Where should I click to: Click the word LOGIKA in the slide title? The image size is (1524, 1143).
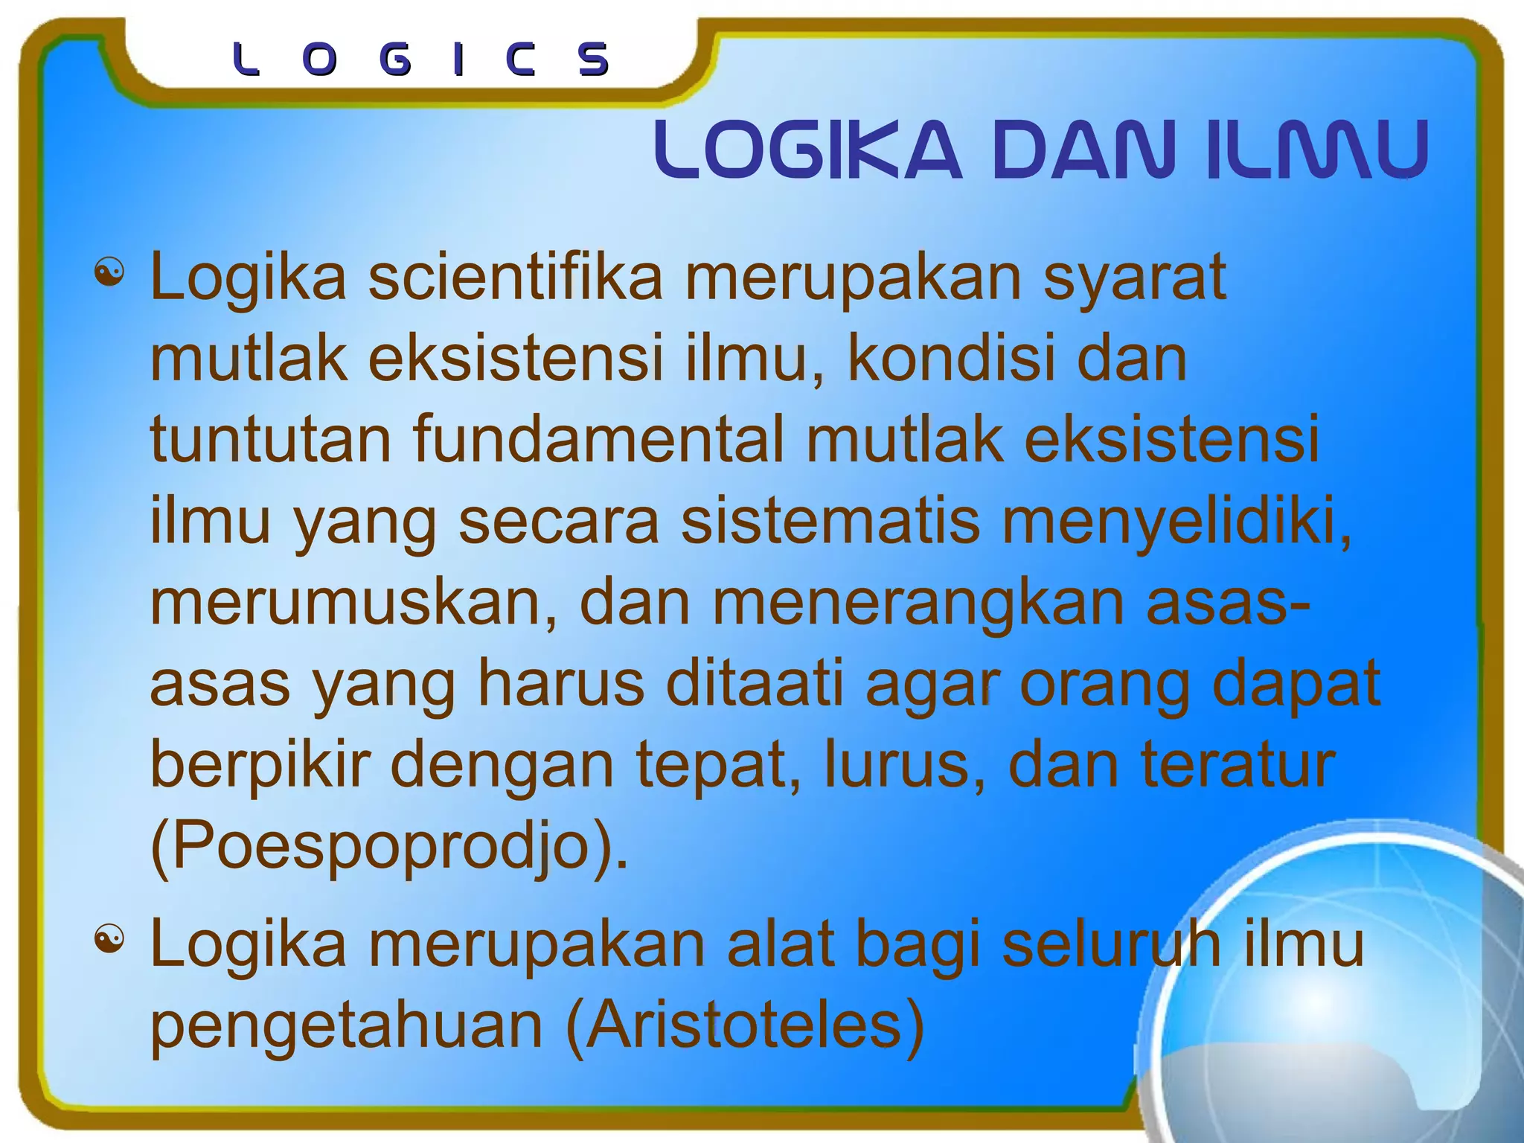point(807,150)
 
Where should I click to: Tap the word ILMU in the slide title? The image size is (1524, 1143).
point(1317,150)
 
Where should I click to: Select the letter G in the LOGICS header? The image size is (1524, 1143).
point(394,60)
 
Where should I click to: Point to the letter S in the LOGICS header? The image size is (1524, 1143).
point(594,60)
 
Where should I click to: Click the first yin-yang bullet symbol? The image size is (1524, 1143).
point(109,273)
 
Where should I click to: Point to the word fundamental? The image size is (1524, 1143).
point(598,439)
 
